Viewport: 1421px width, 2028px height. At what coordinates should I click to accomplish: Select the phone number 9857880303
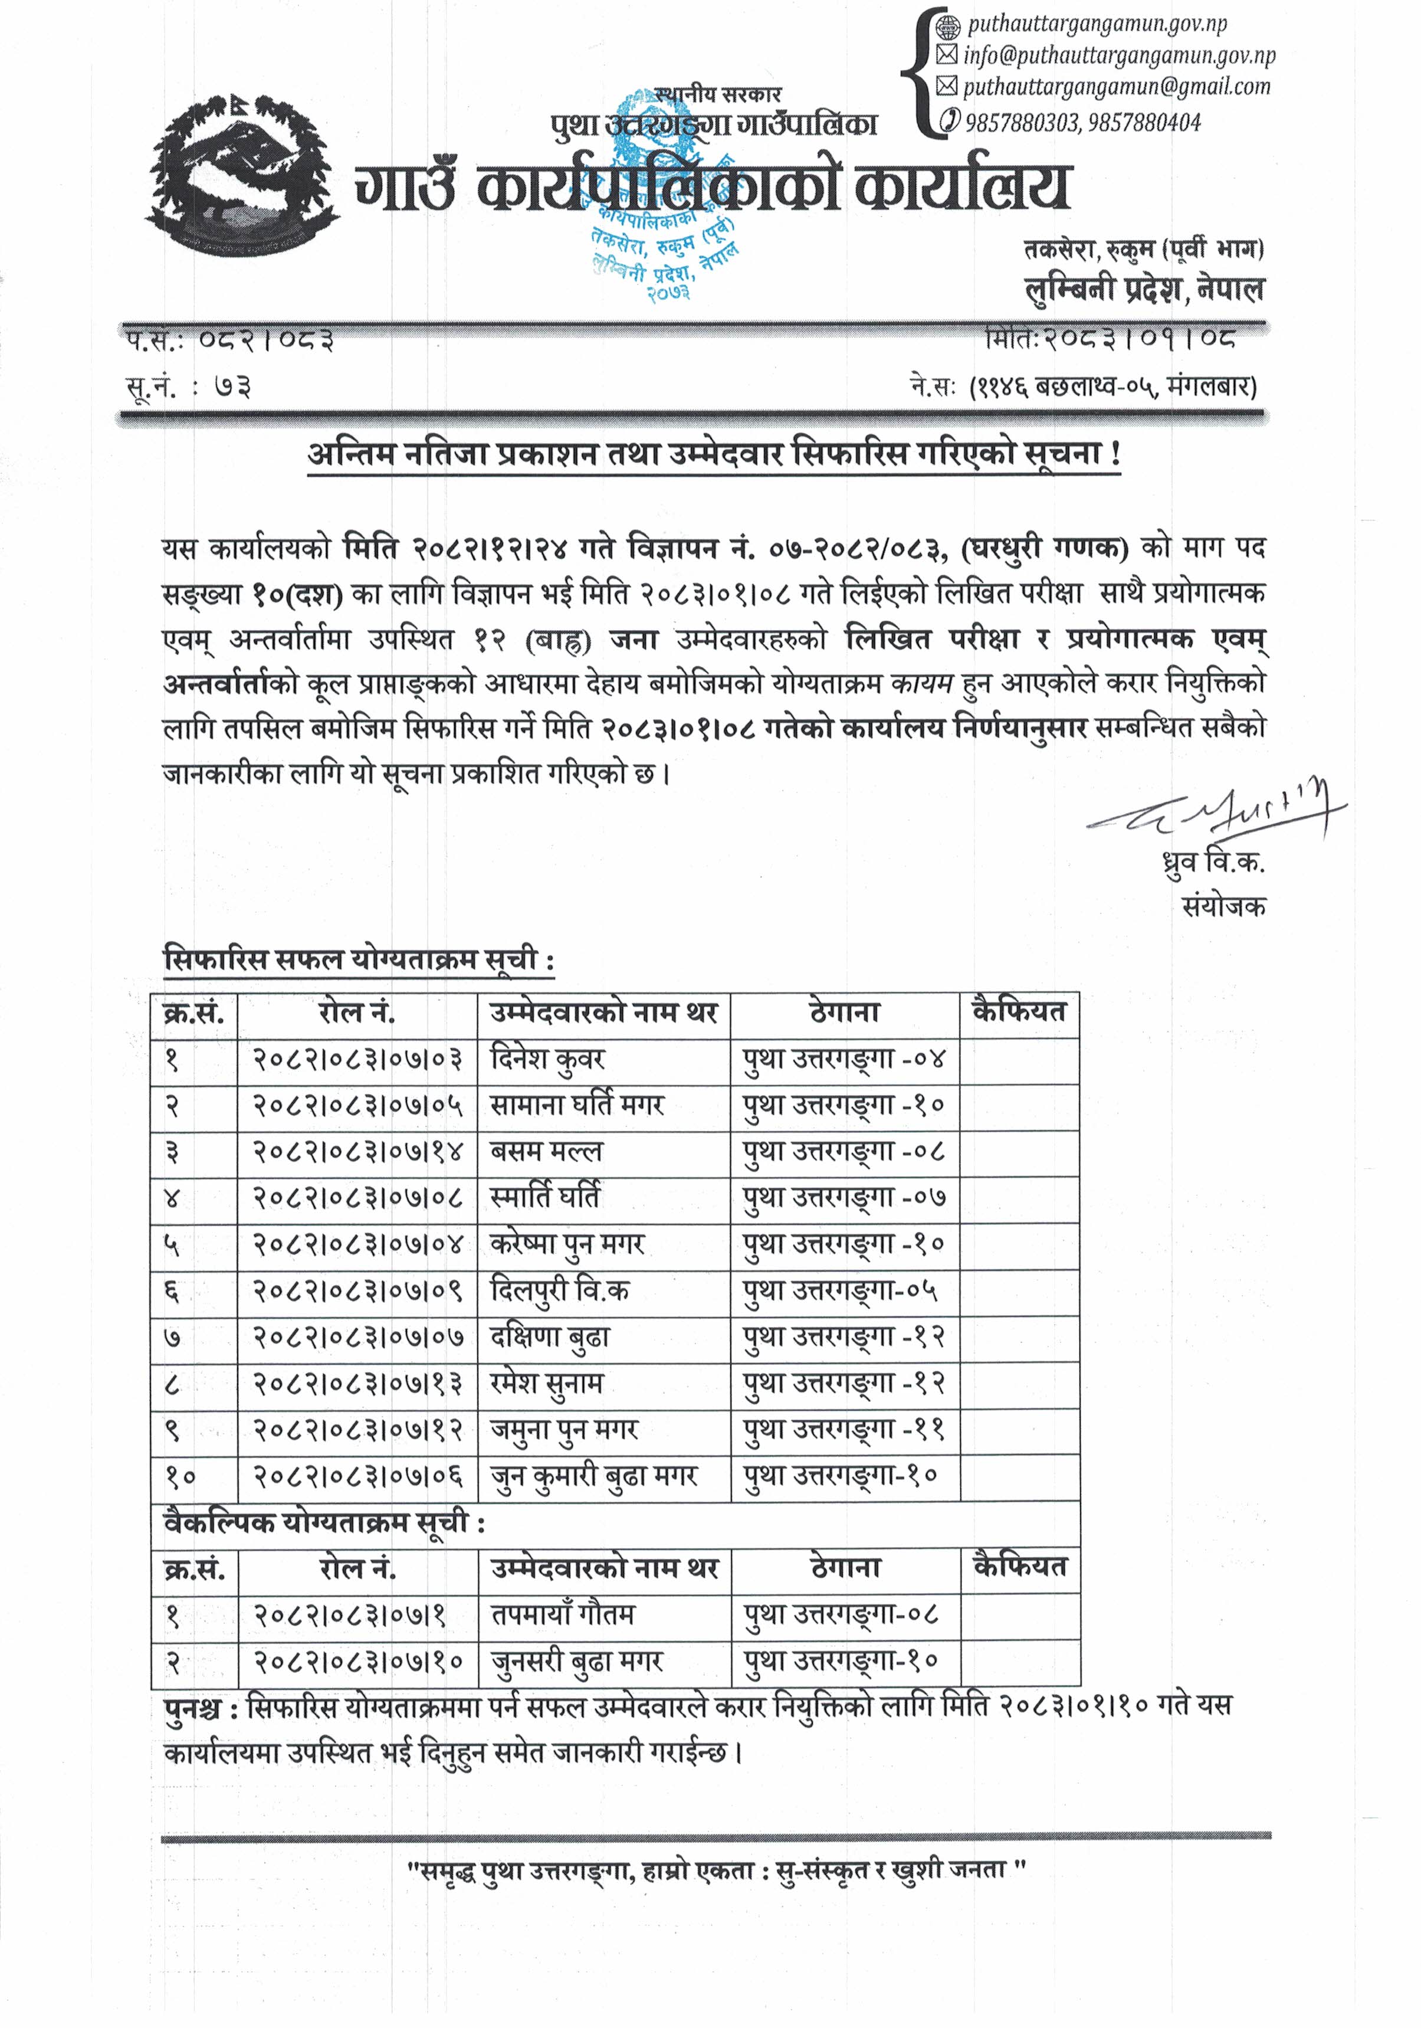tap(1022, 122)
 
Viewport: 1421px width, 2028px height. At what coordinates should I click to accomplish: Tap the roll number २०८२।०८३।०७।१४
tap(357, 1152)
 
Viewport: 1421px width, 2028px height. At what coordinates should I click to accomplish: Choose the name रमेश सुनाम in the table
tap(547, 1383)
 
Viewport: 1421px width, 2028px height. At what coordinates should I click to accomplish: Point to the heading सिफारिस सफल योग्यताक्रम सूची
tap(359, 960)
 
